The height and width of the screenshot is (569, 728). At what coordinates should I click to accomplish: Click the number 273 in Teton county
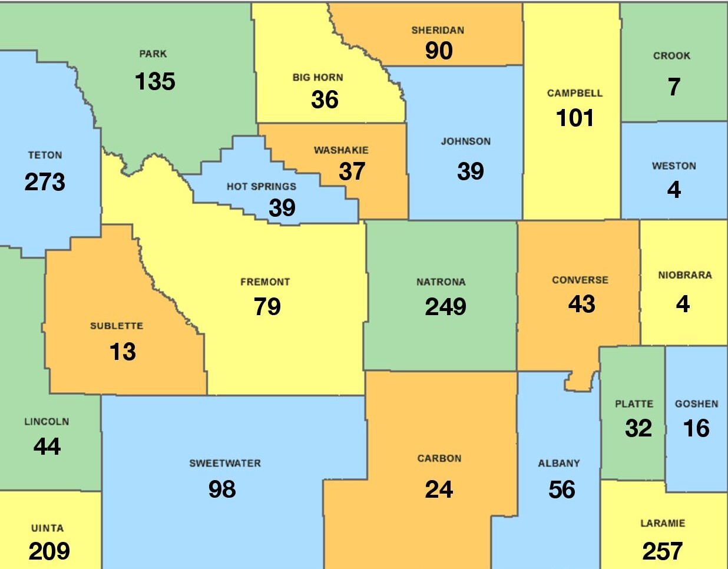(x=45, y=182)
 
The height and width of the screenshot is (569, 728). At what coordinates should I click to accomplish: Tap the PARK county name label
(x=153, y=54)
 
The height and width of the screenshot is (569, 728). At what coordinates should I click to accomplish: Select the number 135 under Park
(x=155, y=81)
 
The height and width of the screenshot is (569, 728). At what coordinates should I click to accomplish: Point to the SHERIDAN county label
(x=438, y=31)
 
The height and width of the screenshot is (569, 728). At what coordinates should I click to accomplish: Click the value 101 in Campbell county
(x=575, y=118)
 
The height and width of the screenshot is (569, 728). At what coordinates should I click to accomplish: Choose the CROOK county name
(x=671, y=56)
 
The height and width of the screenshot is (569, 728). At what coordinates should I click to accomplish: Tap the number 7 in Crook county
(x=674, y=87)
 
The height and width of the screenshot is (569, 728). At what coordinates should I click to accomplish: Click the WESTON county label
(x=674, y=166)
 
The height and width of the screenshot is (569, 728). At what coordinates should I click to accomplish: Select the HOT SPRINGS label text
(x=262, y=187)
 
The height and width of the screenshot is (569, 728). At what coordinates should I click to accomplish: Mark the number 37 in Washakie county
(x=352, y=171)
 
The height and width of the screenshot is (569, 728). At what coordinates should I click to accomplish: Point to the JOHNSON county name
(x=465, y=141)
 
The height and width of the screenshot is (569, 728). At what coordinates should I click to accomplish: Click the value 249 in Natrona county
(x=445, y=307)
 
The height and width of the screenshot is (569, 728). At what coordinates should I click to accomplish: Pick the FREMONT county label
(x=265, y=282)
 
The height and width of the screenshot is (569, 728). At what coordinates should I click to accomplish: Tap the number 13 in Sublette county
(x=123, y=352)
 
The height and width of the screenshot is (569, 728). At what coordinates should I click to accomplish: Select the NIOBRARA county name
(x=684, y=275)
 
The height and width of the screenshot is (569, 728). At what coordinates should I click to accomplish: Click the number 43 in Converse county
(x=581, y=304)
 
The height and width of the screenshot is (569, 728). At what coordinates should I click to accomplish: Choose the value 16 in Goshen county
(x=696, y=428)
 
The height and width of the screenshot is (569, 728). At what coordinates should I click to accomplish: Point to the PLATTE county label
(x=634, y=404)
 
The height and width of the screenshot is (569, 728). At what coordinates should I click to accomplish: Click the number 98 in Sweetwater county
(x=222, y=489)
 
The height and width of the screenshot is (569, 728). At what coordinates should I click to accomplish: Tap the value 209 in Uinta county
(x=49, y=551)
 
